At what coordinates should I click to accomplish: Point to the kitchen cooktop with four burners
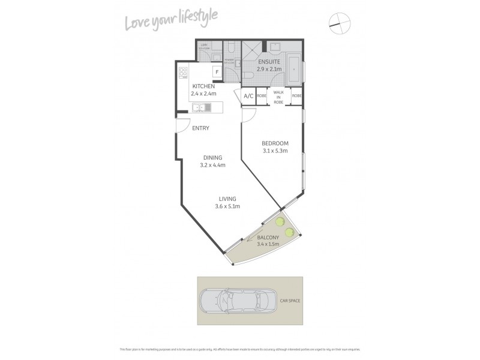coord(184,73)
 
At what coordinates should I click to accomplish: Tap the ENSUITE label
coord(269,62)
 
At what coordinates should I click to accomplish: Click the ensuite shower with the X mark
coord(252,49)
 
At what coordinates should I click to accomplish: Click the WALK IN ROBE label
coord(278,96)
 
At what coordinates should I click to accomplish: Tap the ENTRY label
coord(200,128)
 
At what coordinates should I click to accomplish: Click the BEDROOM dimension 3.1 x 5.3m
coord(275,151)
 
